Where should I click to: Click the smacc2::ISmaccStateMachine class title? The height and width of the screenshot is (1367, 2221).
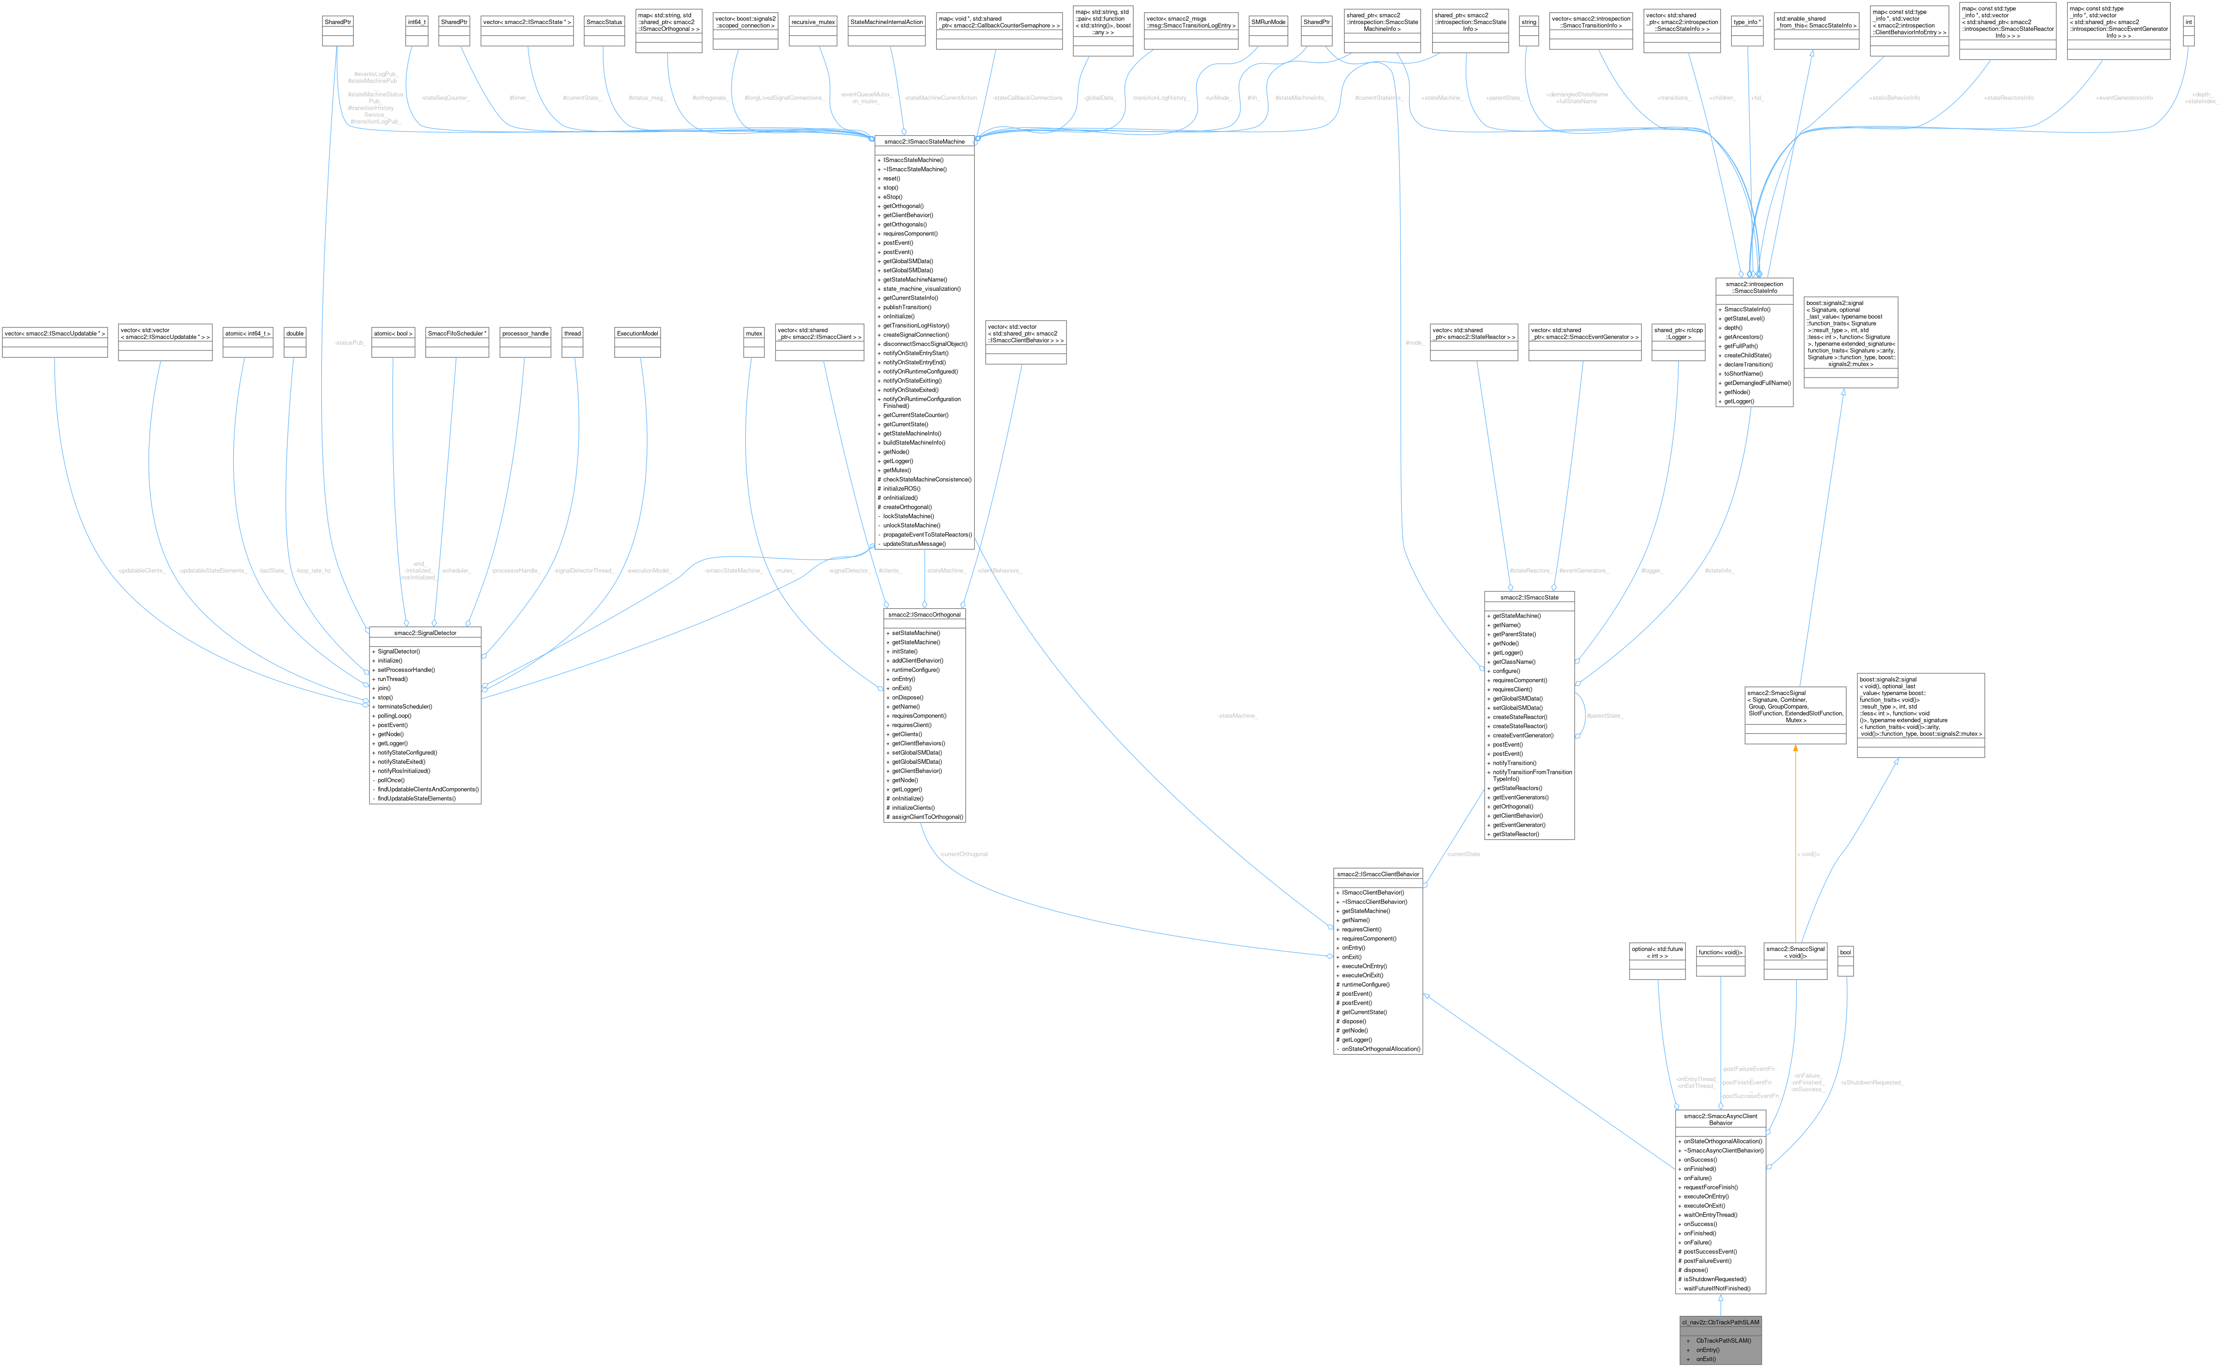coord(924,141)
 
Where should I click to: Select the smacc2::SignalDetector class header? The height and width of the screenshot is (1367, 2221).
coord(425,633)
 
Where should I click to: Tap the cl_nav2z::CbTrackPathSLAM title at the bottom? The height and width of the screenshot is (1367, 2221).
coord(1720,1322)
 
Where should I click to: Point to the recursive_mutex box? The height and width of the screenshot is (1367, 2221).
coord(813,22)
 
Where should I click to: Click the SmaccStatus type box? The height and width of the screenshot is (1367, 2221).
coord(604,22)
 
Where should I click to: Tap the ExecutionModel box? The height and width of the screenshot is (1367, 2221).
coord(637,334)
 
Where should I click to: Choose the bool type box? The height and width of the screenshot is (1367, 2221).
coord(1845,952)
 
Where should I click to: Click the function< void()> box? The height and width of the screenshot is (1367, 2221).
coord(1720,952)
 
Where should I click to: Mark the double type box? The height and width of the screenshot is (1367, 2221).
coord(295,334)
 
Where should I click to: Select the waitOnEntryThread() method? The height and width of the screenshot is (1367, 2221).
coord(1710,1214)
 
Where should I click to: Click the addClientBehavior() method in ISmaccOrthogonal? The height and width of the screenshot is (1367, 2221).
coord(917,660)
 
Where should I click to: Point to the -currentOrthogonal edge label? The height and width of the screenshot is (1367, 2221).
coord(963,853)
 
